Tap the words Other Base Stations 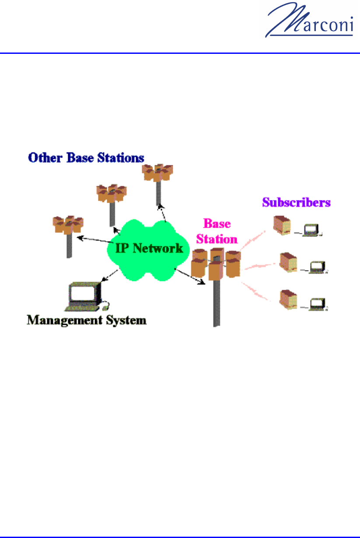pyautogui.click(x=86, y=158)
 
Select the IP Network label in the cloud pyautogui.click(x=149, y=249)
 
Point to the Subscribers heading pyautogui.click(x=296, y=202)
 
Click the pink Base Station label pyautogui.click(x=217, y=231)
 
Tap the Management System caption pyautogui.click(x=87, y=320)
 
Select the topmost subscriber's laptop pyautogui.click(x=312, y=230)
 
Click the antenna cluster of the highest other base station pyautogui.click(x=158, y=172)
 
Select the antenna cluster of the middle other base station pyautogui.click(x=112, y=193)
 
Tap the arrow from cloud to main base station pyautogui.click(x=190, y=275)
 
